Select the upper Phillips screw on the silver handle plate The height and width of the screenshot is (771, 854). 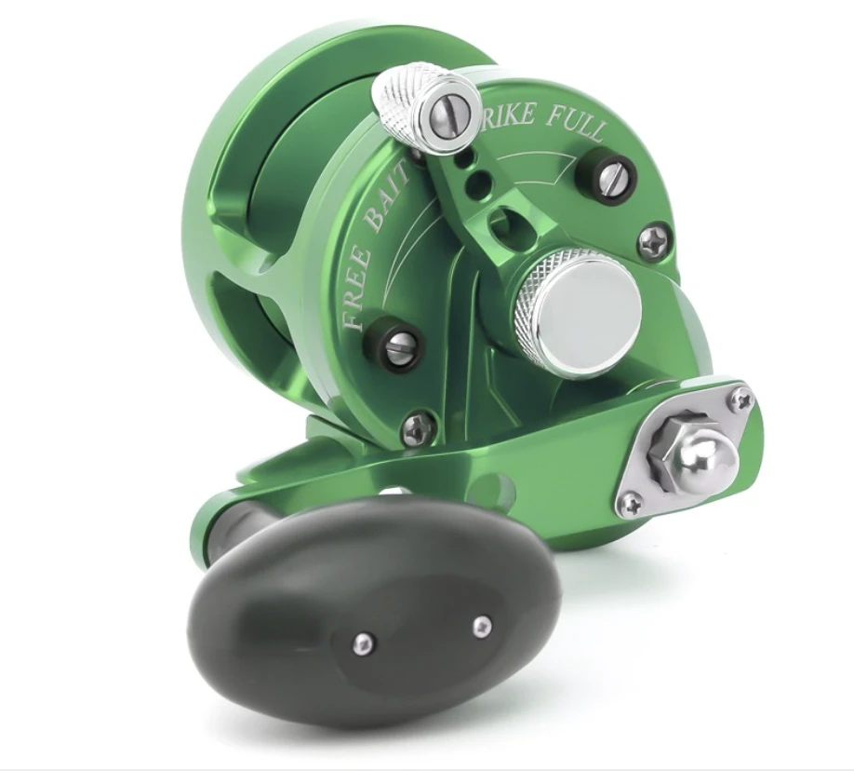tap(741, 400)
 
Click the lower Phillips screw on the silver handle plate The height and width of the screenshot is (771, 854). tap(631, 506)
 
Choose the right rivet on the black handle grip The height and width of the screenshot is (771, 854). tap(481, 626)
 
